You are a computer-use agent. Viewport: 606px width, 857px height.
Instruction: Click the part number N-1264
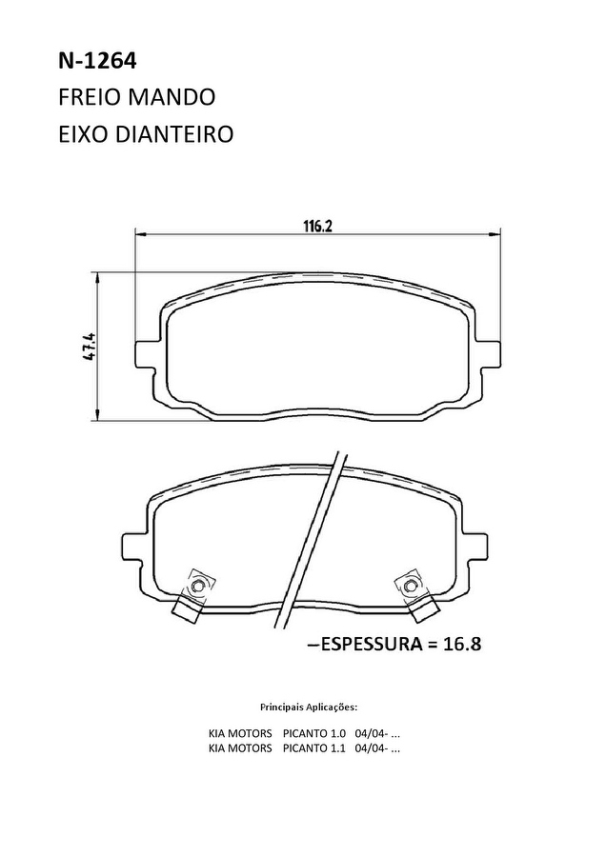point(97,61)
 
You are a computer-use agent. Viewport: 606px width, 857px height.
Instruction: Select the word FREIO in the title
point(90,97)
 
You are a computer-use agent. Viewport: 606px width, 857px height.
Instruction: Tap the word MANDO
point(172,97)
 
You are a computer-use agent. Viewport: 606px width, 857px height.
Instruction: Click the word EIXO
point(83,134)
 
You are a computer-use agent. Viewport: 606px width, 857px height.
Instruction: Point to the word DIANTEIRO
point(174,134)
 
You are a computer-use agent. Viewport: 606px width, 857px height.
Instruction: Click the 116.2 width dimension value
point(317,226)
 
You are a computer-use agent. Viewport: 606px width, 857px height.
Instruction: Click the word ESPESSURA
point(371,644)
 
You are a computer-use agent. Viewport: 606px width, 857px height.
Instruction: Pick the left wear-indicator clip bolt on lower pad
point(197,586)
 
